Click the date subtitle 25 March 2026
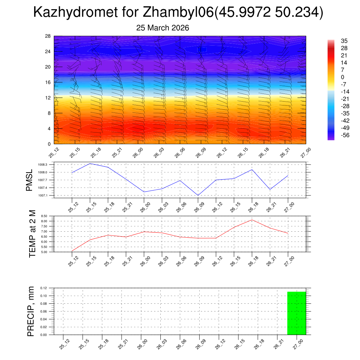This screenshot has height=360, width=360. point(162,28)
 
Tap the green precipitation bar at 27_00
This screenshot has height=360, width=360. point(296,313)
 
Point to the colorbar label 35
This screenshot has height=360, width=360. point(344,41)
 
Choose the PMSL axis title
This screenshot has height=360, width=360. point(29,180)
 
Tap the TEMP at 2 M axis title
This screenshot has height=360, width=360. point(32,234)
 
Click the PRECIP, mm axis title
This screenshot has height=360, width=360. point(31,311)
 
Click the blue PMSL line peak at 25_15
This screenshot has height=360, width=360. point(90,163)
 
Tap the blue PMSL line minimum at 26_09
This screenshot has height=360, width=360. point(198,195)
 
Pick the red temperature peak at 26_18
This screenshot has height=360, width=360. point(252,220)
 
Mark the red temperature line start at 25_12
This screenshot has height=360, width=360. point(72,251)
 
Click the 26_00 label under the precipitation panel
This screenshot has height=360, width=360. point(142,344)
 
